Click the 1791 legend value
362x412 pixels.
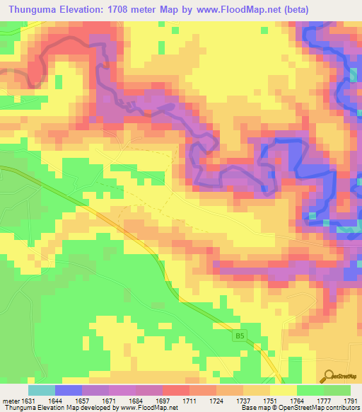coord(351,400)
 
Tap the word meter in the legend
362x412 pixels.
coord(11,400)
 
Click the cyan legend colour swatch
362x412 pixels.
coord(42,390)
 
